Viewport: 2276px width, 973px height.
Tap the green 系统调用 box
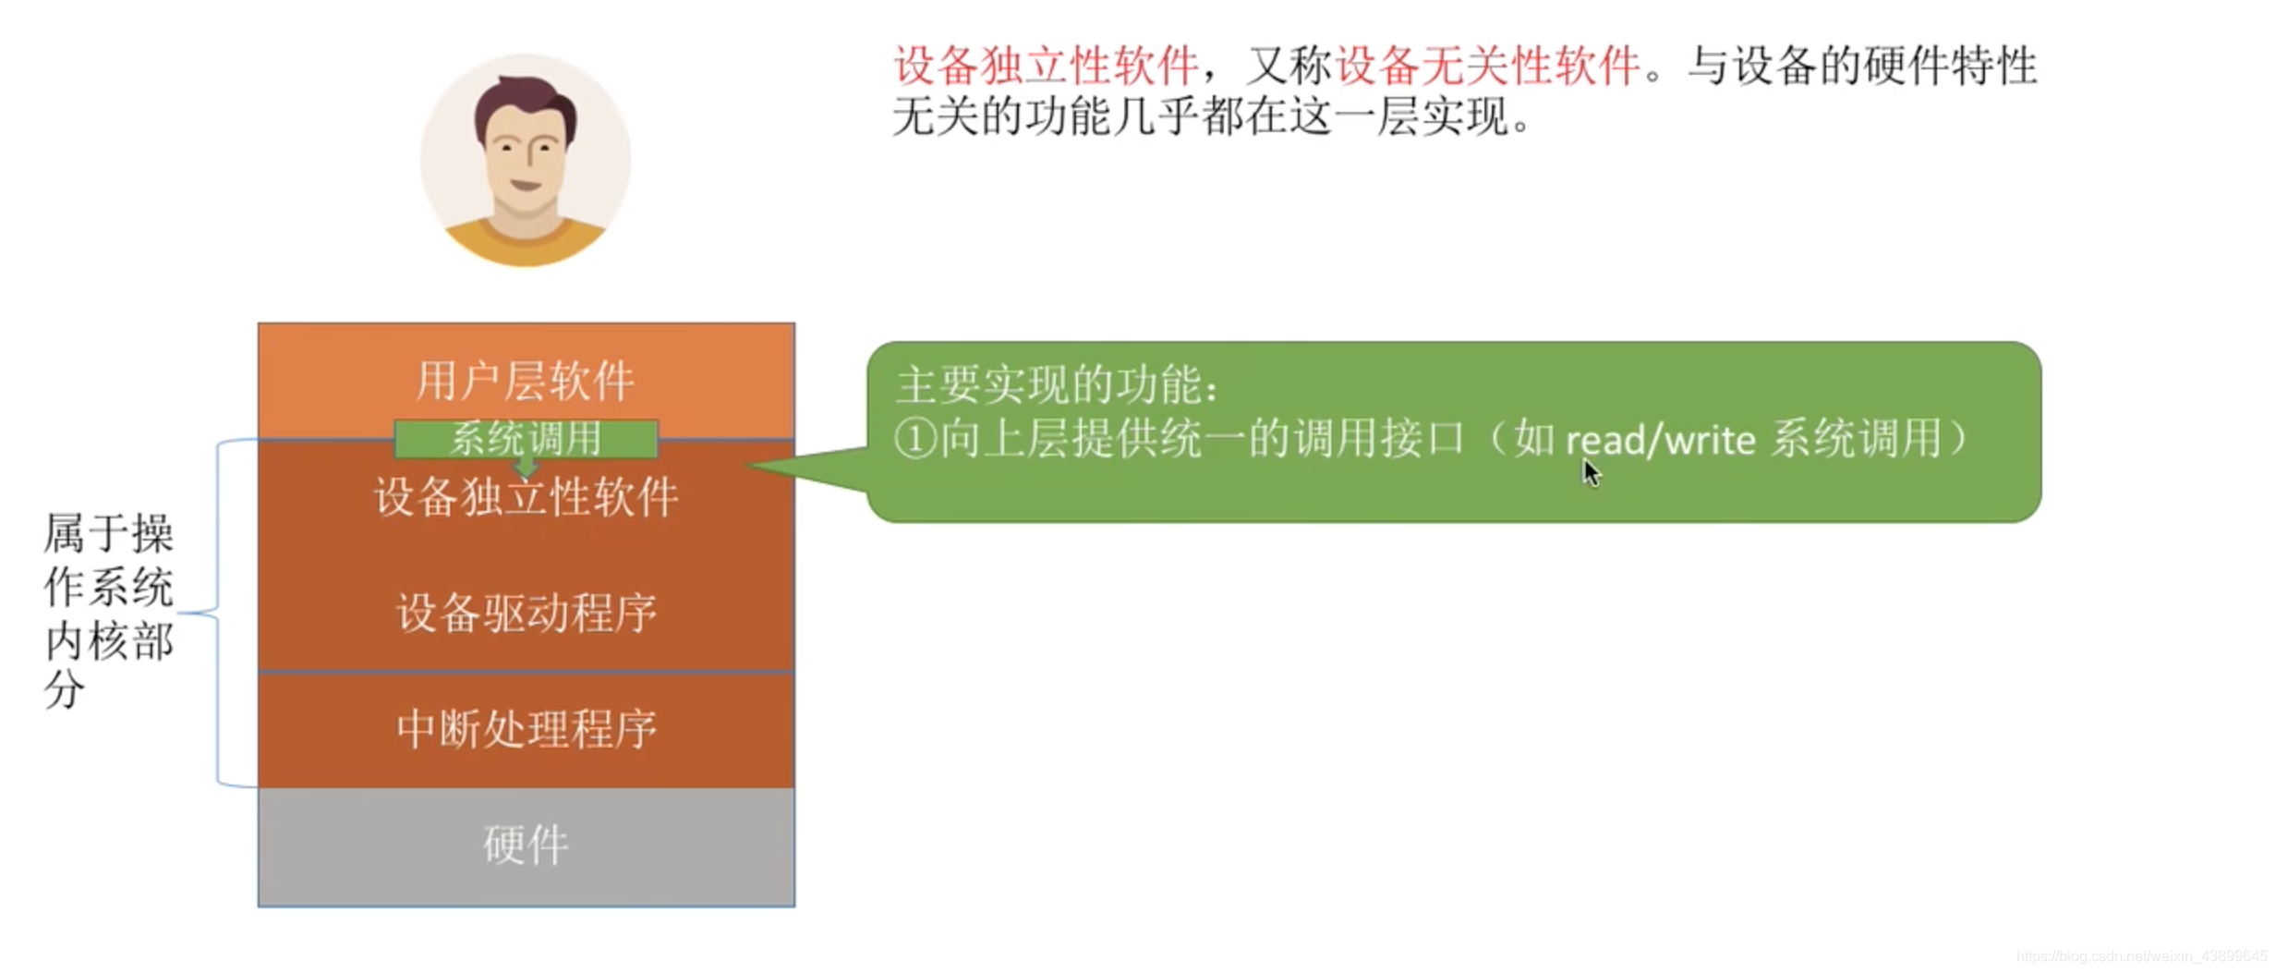(526, 437)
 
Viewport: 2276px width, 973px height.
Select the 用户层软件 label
(526, 381)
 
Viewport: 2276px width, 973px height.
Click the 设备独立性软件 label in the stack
(526, 498)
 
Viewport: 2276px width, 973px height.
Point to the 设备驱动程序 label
(526, 613)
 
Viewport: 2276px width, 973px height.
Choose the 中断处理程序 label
(526, 729)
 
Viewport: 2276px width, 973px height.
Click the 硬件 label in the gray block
(526, 845)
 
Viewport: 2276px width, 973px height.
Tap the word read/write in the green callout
(1660, 440)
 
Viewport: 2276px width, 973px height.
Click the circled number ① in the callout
(915, 439)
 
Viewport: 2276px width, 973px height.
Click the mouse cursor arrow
(1591, 473)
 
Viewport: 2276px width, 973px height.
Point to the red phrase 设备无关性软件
(1487, 66)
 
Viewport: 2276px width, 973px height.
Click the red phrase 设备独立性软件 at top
(1046, 66)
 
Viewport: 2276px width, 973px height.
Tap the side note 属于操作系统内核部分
(108, 610)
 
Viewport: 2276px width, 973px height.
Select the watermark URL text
(2141, 956)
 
